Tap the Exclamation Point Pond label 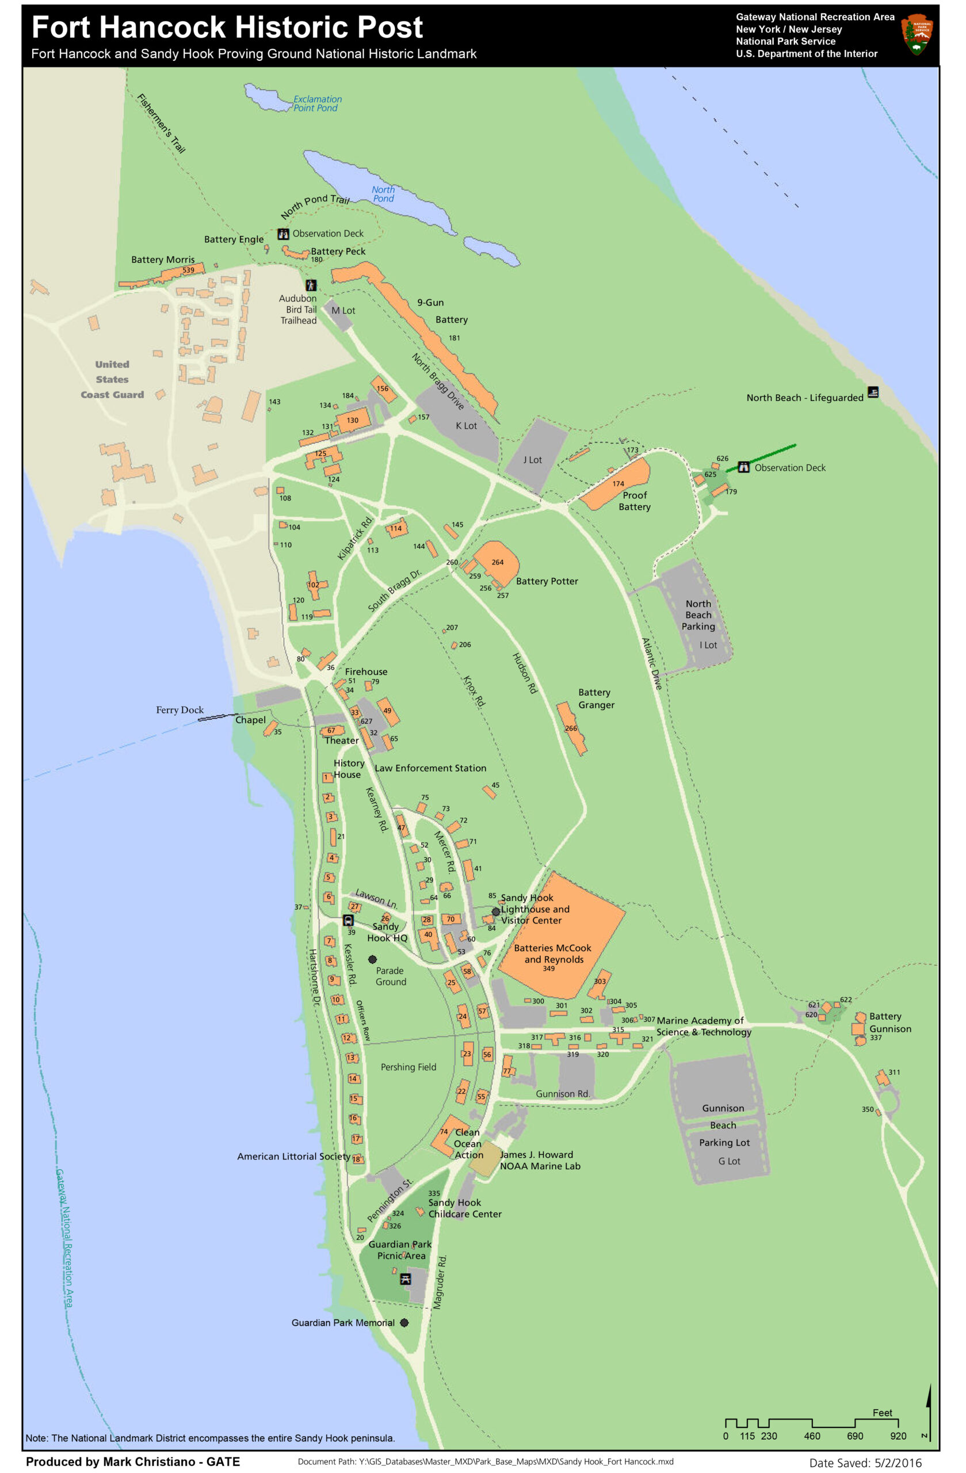tap(317, 104)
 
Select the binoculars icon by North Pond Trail tap(283, 234)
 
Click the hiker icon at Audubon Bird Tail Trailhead tap(311, 285)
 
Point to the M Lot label tap(343, 311)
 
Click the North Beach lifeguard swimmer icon tap(873, 392)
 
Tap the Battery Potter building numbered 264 tap(497, 562)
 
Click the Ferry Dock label tap(180, 710)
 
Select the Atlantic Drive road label tap(651, 663)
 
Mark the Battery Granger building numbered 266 tap(571, 728)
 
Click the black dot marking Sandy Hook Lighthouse tap(496, 911)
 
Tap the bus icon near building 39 tap(348, 920)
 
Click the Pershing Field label tap(408, 1067)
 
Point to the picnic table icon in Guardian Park tap(406, 1279)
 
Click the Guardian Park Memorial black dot tap(404, 1323)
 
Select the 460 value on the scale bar tap(811, 1436)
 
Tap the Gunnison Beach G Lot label tap(728, 1161)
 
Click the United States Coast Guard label tap(112, 379)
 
